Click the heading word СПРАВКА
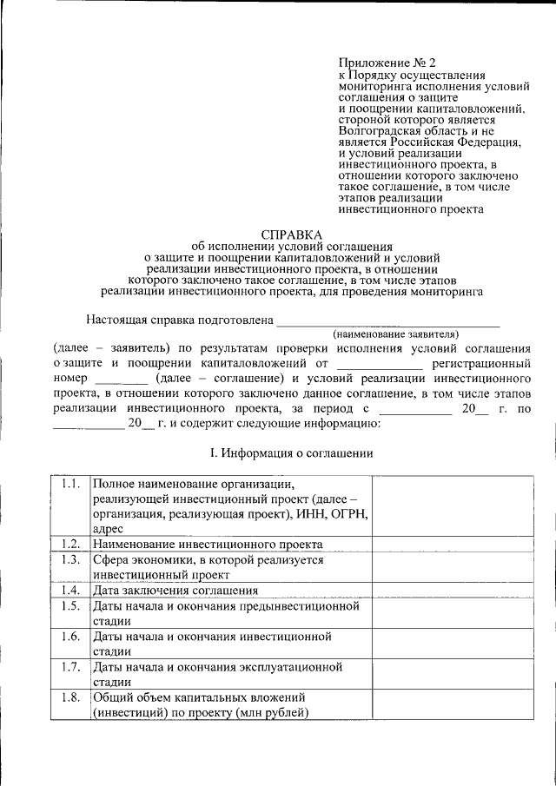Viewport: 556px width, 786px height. coord(292,234)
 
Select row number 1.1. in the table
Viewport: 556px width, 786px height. coord(70,484)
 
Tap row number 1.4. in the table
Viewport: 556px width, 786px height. coord(70,591)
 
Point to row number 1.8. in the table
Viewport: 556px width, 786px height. coord(70,697)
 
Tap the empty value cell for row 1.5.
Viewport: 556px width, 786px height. coord(451,613)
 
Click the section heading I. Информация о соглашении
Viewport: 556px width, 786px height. coord(292,452)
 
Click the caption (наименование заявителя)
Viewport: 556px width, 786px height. coord(395,334)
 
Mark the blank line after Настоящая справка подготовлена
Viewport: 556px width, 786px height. coord(387,321)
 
